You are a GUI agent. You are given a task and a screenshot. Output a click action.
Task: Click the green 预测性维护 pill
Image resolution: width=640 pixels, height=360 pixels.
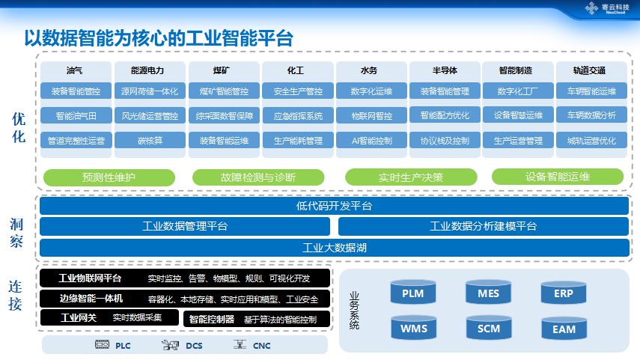click(x=109, y=177)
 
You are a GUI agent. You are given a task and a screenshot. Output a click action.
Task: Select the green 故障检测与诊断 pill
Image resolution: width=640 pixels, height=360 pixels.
click(x=258, y=177)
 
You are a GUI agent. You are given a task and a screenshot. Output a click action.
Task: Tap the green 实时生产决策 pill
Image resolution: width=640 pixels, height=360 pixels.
click(x=410, y=177)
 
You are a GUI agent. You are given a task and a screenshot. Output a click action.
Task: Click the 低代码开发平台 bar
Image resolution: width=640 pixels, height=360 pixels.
click(x=335, y=206)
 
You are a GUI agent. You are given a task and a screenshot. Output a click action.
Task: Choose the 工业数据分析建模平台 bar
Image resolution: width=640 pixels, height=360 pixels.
click(x=484, y=226)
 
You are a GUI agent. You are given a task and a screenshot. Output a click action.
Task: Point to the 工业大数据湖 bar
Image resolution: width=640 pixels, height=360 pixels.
click(x=335, y=248)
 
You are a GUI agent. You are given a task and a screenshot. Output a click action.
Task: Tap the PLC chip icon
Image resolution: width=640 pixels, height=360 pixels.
click(x=102, y=345)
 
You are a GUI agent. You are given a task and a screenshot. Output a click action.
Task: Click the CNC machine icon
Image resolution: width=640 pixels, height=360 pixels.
click(x=240, y=345)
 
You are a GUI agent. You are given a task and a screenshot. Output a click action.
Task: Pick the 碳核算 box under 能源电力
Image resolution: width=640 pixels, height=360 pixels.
click(x=150, y=140)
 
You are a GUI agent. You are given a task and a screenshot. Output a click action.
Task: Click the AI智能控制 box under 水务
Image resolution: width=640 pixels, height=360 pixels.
click(x=372, y=140)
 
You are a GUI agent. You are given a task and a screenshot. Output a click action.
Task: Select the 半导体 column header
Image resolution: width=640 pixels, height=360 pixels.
click(x=445, y=70)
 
